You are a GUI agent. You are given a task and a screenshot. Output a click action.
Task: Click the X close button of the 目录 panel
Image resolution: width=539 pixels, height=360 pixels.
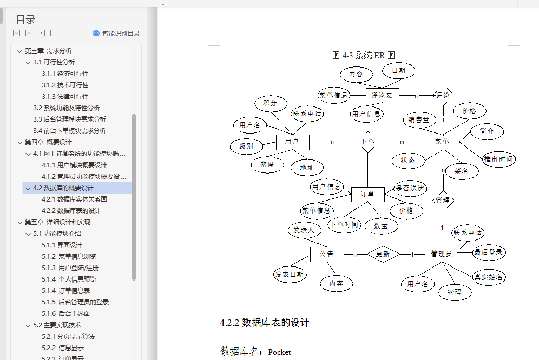pos(135,19)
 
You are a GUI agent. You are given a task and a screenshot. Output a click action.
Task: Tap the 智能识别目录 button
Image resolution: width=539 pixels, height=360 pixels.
pos(116,33)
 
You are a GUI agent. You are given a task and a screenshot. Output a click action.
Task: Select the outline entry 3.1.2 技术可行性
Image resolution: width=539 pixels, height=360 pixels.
pos(65,85)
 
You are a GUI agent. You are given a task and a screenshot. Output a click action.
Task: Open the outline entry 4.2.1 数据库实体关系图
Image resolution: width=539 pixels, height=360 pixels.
pos(74,199)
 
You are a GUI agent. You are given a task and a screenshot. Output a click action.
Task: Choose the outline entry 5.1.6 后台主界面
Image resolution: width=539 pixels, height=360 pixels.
pos(65,314)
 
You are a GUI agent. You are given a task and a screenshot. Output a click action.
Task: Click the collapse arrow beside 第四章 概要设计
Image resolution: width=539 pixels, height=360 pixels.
pos(20,142)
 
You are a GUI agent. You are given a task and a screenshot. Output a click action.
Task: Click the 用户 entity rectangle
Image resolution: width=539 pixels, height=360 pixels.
pos(293,142)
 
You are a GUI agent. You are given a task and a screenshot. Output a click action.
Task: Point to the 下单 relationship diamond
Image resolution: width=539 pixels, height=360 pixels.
pos(368,142)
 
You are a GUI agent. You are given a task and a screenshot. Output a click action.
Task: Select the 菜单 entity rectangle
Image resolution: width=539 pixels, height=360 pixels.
pos(443,142)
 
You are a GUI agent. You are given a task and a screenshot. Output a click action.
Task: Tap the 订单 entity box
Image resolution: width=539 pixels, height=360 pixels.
pos(368,194)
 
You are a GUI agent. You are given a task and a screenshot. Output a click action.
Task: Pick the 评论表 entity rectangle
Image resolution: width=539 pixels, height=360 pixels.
pos(382,96)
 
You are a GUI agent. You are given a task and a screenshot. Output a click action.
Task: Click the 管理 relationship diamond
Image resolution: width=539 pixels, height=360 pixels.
pos(443,201)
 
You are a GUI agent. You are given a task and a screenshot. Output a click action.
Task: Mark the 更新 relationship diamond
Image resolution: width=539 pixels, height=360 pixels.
pos(383,254)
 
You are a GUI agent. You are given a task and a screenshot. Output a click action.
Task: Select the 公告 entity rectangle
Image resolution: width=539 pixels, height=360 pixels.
pos(327,255)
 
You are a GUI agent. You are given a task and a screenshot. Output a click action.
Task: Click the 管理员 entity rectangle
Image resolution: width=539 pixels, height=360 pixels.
pos(442,255)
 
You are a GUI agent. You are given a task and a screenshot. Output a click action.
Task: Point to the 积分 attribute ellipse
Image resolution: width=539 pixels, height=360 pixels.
pos(271,103)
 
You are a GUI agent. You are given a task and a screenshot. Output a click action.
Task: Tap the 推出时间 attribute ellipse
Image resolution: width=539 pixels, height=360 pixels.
pos(499,159)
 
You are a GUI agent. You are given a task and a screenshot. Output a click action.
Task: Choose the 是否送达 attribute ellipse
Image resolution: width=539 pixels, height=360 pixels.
pos(410,189)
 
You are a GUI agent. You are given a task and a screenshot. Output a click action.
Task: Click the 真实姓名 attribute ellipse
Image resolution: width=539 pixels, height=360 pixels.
pos(489,277)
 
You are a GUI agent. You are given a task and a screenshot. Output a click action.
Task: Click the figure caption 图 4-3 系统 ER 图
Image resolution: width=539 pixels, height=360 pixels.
pos(363,55)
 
